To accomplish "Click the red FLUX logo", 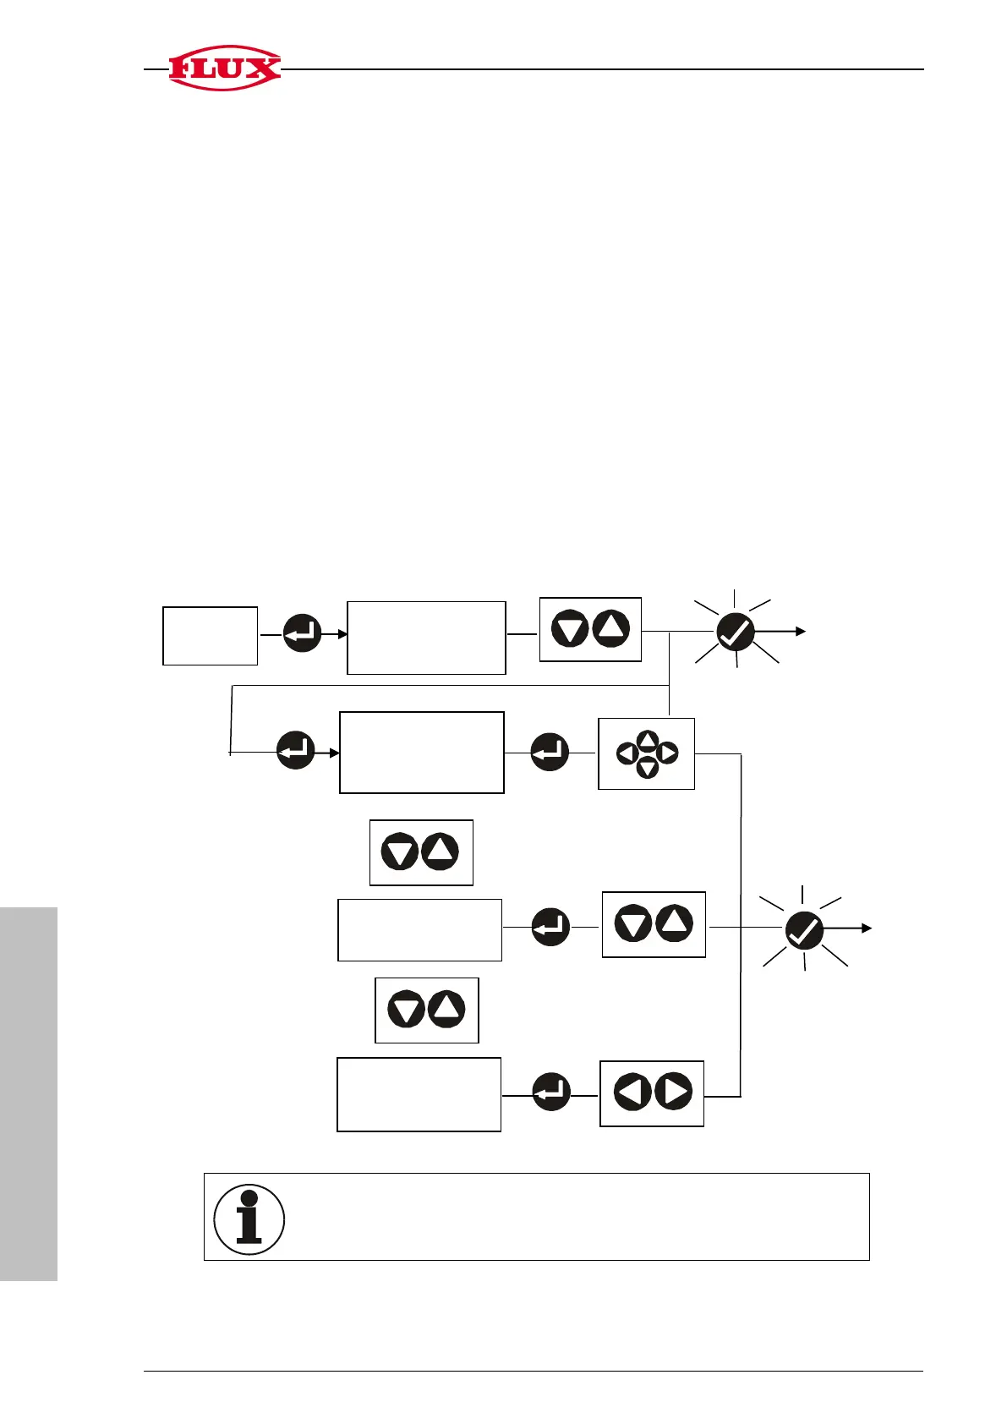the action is tap(224, 68).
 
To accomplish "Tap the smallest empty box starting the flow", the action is tap(210, 635).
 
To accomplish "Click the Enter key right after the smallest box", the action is tap(302, 633).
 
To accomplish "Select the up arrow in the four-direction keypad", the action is tap(647, 739).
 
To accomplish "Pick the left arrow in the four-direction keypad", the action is tap(627, 753).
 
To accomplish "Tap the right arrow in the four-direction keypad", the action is tap(667, 753).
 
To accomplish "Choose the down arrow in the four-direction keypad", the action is tap(647, 768).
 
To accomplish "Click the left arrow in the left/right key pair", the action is tap(631, 1092).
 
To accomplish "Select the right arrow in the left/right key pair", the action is tap(673, 1092).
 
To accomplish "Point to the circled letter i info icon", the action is tap(249, 1219).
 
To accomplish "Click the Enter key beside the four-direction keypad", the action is tap(550, 752).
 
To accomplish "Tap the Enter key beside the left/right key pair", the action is tap(551, 1092).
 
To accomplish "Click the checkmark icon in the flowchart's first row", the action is tap(735, 632).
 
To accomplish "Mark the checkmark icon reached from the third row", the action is tap(804, 930).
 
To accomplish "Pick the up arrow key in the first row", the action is tap(611, 629).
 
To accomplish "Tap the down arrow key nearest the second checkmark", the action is tap(632, 923).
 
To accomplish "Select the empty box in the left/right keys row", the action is tap(419, 1093).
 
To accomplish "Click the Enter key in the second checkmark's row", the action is tap(550, 927).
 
